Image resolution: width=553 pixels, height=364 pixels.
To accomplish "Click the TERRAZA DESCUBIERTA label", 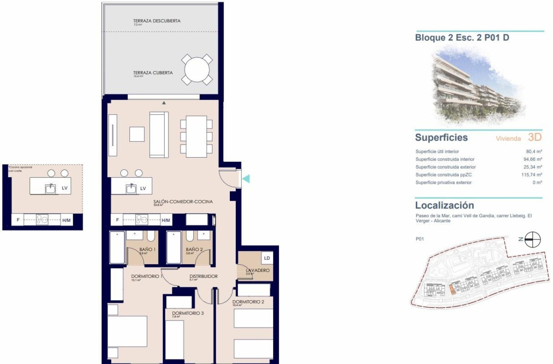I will coord(156,21).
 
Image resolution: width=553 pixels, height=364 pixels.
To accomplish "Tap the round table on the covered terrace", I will coord(197,69).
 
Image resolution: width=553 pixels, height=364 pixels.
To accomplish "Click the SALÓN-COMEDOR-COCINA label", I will coord(183,202).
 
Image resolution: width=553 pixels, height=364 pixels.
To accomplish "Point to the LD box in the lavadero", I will coord(267,258).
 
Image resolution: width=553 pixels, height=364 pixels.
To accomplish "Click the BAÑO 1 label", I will coord(147,249).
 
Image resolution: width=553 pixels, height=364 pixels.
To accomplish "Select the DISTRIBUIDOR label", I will coord(203,277).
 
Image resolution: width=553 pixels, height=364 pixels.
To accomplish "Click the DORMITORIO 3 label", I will coord(188,313).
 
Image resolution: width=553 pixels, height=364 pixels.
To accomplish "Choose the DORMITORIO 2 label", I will coord(248,302).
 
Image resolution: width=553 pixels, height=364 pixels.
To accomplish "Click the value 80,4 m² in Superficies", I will coord(534,152).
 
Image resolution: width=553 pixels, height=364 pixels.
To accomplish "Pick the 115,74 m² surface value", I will coord(532,175).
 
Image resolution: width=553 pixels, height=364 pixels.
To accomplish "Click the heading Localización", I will coord(445,205).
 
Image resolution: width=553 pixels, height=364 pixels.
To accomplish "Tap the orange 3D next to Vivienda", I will coord(535,137).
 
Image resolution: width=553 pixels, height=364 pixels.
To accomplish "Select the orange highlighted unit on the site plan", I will coord(452,289).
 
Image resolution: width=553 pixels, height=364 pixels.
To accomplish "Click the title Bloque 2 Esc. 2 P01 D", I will coord(462,38).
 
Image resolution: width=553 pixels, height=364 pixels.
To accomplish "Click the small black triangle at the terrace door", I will coord(164,103).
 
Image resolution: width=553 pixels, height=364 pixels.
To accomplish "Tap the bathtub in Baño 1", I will coord(117,248).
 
